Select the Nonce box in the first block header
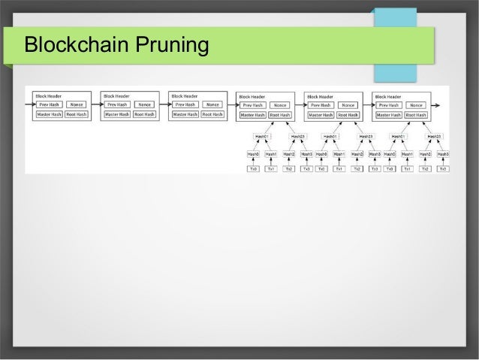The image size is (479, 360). (77, 104)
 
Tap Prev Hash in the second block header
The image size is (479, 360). (117, 104)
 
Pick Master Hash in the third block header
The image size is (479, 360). (185, 114)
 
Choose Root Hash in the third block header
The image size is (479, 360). (212, 114)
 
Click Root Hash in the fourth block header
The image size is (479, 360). (280, 115)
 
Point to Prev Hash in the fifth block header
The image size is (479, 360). (321, 105)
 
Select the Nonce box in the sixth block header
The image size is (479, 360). (417, 105)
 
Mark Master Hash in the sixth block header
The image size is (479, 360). (389, 115)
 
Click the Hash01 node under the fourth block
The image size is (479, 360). (262, 137)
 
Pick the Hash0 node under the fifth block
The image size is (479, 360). (321, 154)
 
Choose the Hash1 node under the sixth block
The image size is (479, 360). (408, 154)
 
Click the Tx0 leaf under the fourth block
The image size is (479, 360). (254, 169)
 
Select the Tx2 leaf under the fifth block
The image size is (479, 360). (357, 169)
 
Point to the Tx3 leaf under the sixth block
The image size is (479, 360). (444, 169)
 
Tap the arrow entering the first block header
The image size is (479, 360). (30, 104)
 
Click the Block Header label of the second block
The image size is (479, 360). (115, 95)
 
